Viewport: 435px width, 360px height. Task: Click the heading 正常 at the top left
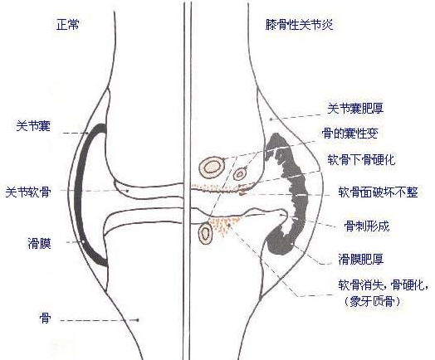pyautogui.click(x=68, y=24)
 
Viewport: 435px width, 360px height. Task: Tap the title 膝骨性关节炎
pyautogui.click(x=299, y=25)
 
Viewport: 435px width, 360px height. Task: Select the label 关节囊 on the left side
pyautogui.click(x=33, y=126)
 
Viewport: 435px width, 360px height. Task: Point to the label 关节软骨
pyautogui.click(x=28, y=192)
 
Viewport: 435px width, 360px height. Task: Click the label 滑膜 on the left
pyautogui.click(x=39, y=243)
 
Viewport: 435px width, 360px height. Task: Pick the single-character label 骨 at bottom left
pyautogui.click(x=45, y=318)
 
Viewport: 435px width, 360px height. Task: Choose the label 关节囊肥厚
pyautogui.click(x=355, y=108)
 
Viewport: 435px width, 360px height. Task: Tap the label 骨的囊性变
pyautogui.click(x=350, y=134)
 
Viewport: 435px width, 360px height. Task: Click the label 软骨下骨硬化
pyautogui.click(x=361, y=159)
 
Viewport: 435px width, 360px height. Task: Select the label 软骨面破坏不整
pyautogui.click(x=378, y=192)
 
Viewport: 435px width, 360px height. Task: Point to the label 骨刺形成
pyautogui.click(x=367, y=226)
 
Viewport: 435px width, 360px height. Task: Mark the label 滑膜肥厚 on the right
pyautogui.click(x=361, y=259)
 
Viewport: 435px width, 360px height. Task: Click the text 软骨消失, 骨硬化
pyautogui.click(x=383, y=285)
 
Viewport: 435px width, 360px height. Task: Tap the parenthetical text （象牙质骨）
pyautogui.click(x=372, y=301)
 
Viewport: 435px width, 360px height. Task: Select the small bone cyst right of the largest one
pyautogui.click(x=240, y=174)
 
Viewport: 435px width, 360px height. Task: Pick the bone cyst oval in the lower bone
pyautogui.click(x=206, y=234)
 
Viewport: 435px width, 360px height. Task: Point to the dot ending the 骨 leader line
pyautogui.click(x=138, y=320)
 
